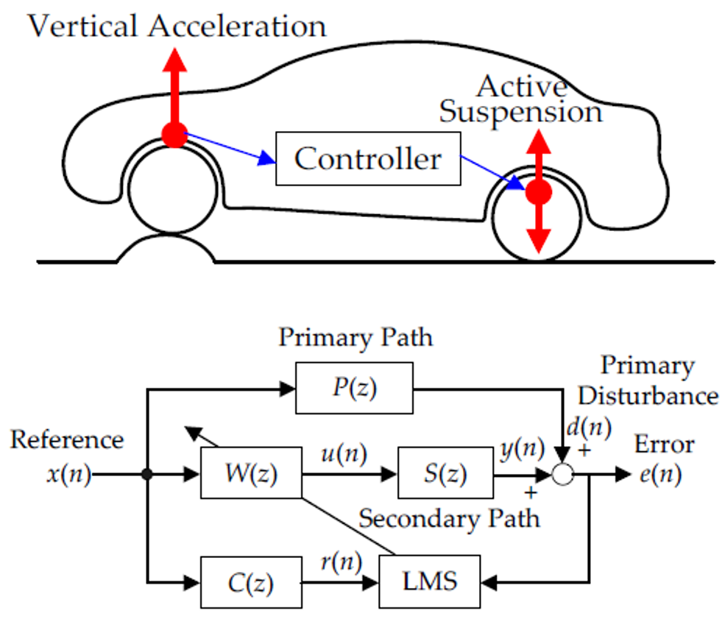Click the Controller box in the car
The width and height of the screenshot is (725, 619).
click(368, 158)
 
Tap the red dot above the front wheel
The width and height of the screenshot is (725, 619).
click(175, 135)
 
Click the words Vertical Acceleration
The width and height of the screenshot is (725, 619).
click(176, 26)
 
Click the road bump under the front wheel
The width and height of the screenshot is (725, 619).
click(166, 249)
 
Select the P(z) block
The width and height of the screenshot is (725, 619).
click(354, 388)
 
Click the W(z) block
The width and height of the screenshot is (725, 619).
click(251, 475)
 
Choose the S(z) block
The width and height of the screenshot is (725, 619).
click(445, 475)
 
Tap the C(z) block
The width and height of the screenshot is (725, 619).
click(251, 584)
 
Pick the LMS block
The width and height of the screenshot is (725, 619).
click(430, 581)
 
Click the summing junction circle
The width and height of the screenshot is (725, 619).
click(563, 475)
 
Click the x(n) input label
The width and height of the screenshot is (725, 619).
click(68, 475)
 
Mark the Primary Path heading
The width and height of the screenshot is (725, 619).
click(356, 337)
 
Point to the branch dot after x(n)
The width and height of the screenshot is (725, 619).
click(148, 475)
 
